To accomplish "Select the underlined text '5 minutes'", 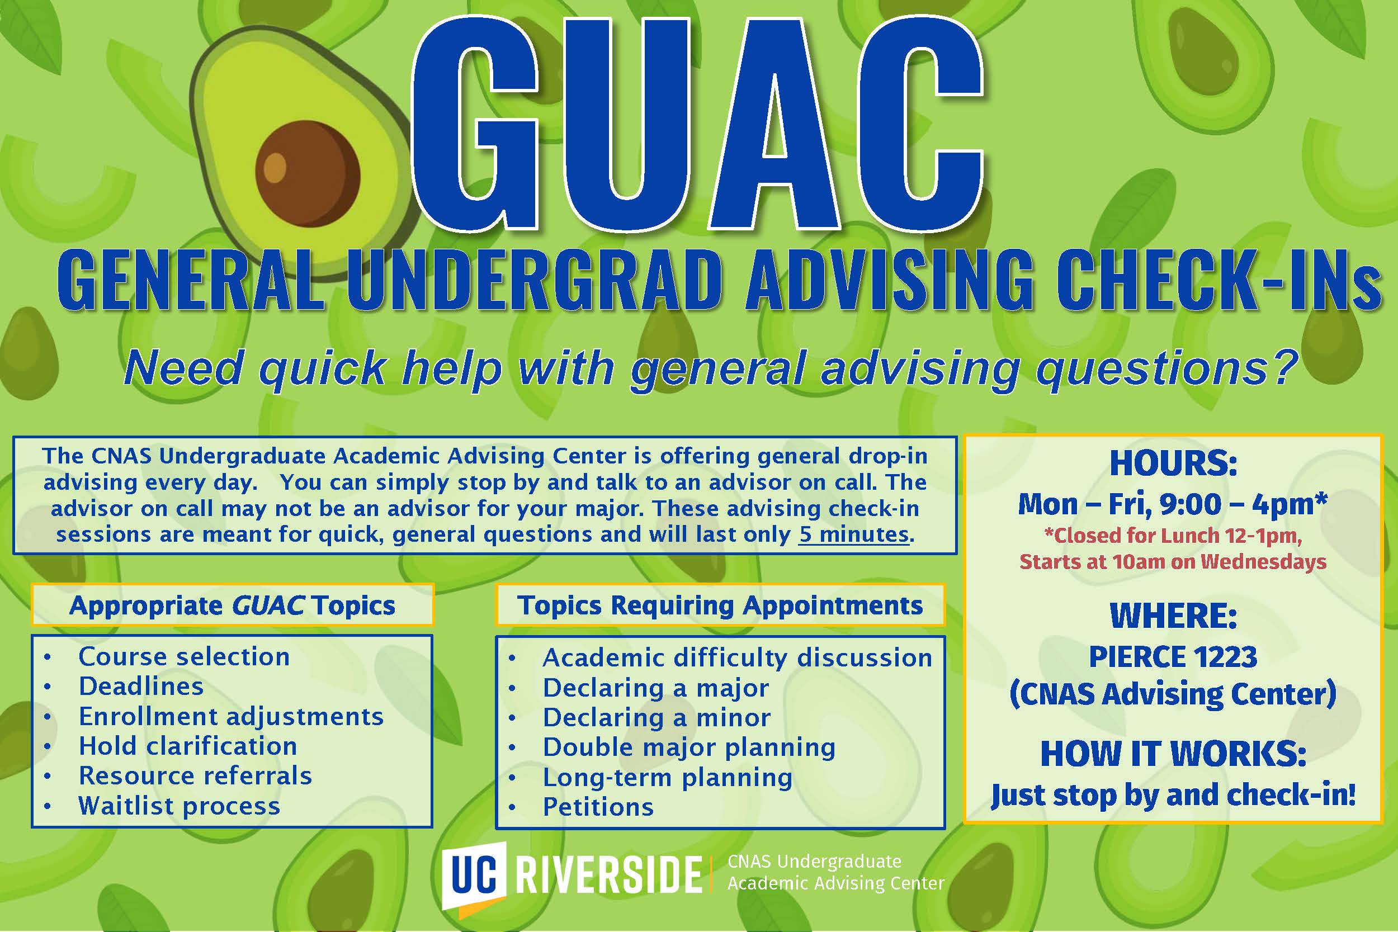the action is (853, 534).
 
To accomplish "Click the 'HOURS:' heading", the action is (1173, 463).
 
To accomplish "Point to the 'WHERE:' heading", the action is (1173, 615).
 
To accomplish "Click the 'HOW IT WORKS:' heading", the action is (1173, 753).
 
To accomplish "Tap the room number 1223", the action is (1225, 657).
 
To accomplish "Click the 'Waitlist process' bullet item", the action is (180, 806).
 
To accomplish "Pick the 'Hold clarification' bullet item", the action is (188, 746).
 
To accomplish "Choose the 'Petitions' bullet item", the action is (598, 807).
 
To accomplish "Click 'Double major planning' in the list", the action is (689, 747).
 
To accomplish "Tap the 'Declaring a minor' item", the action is (657, 717).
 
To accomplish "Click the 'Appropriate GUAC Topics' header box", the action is (233, 605).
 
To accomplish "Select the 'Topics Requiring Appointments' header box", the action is (720, 605).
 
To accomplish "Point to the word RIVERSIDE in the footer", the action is (608, 874).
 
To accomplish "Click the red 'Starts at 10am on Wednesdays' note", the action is (1173, 562).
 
